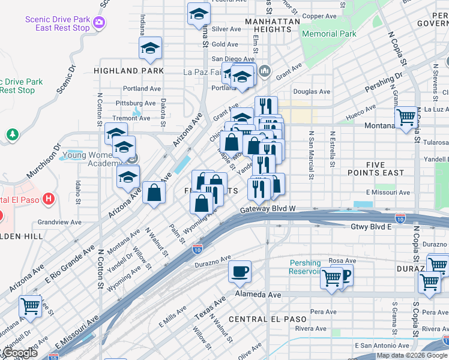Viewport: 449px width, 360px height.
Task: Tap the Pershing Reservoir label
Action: pos(305,267)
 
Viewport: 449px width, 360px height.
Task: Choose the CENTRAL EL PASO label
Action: pos(268,319)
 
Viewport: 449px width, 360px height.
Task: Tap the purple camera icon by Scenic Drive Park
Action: pos(98,23)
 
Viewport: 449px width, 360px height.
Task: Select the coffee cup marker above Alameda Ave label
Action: pos(240,272)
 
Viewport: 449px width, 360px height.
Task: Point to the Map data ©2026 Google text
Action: pos(412,355)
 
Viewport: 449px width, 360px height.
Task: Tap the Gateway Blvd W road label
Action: pos(268,210)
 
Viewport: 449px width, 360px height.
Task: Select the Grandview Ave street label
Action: pos(59,222)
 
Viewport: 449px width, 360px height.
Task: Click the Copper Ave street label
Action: pos(319,16)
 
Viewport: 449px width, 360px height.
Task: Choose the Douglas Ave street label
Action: pos(312,92)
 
